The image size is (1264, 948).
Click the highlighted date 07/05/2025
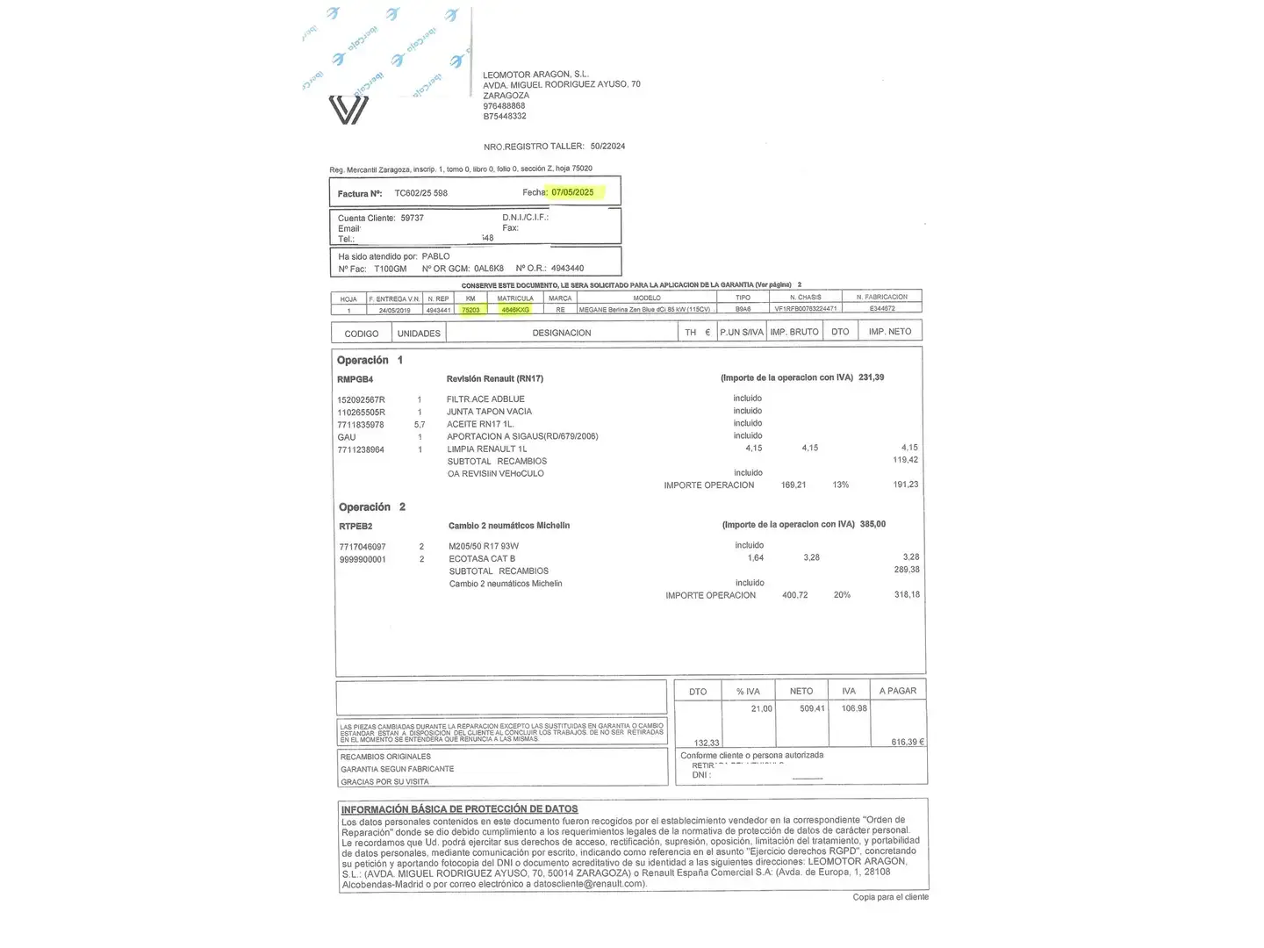click(x=572, y=192)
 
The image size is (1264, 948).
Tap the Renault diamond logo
click(x=348, y=110)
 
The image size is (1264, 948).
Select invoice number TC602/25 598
click(x=420, y=193)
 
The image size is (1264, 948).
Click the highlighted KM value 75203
click(x=470, y=310)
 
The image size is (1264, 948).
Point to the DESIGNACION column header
click(x=562, y=333)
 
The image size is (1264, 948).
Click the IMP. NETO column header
click(x=889, y=332)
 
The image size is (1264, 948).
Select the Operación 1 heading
click(x=370, y=360)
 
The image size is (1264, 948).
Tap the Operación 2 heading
click(x=372, y=507)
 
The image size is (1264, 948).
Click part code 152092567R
click(x=362, y=399)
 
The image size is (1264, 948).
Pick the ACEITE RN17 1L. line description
click(x=480, y=424)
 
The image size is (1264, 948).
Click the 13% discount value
click(x=840, y=485)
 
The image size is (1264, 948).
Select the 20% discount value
click(x=842, y=595)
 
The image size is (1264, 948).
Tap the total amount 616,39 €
click(x=908, y=742)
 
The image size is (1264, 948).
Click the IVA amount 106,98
click(x=854, y=708)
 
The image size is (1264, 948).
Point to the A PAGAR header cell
click(x=897, y=691)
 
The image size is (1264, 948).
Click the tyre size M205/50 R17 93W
click(x=484, y=546)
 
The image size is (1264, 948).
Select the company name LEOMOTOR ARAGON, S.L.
click(x=535, y=75)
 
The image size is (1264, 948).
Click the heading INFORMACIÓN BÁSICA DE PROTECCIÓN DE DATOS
click(x=459, y=809)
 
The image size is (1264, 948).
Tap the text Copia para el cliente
click(x=890, y=897)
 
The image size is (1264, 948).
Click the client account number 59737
click(x=412, y=218)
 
